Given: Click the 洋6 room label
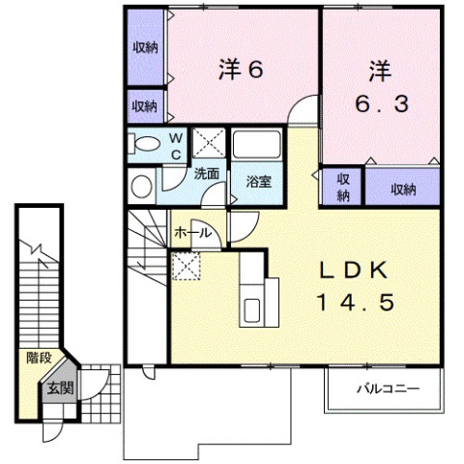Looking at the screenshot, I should coord(242,69).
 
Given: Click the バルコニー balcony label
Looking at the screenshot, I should coord(385,390).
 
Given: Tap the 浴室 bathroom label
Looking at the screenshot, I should coord(258,181).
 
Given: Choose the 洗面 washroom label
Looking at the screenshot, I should coord(206,175).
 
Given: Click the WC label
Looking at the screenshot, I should coord(176,146).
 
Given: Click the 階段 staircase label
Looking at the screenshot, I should coord(39,357).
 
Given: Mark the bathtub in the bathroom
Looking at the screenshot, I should coord(257,147).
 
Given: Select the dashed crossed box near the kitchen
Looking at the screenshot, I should coord(184,264).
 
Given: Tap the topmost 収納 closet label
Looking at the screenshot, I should coord(145,47).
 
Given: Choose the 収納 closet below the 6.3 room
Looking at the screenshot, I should coord(391,188).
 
